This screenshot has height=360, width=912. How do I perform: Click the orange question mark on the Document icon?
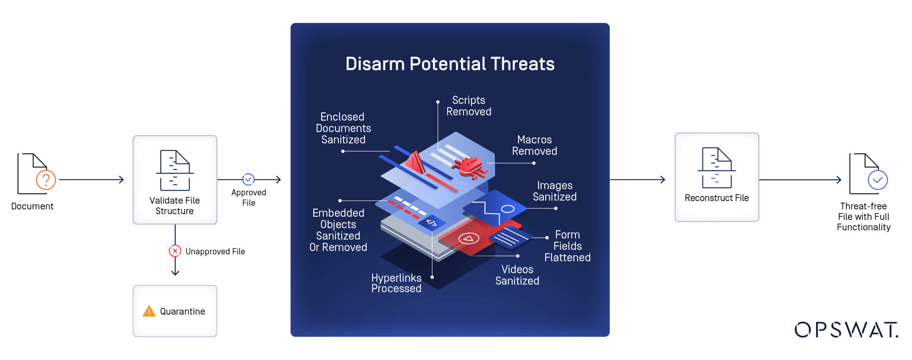pyautogui.click(x=46, y=180)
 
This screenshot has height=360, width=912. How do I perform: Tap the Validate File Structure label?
pyautogui.click(x=174, y=206)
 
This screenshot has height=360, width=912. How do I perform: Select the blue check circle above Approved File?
pyautogui.click(x=248, y=179)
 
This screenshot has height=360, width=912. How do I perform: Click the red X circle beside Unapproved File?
pyautogui.click(x=175, y=251)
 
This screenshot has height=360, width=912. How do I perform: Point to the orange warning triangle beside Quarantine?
pyautogui.click(x=149, y=311)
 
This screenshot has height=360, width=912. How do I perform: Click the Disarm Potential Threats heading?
pyautogui.click(x=450, y=64)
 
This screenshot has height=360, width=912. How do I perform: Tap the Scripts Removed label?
pyautogui.click(x=468, y=106)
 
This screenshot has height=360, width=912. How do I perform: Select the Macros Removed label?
pyautogui.click(x=534, y=145)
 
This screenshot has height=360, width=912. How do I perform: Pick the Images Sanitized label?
pyautogui.click(x=554, y=191)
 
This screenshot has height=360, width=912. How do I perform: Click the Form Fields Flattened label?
pyautogui.click(x=567, y=246)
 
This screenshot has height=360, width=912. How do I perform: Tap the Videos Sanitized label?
pyautogui.click(x=517, y=275)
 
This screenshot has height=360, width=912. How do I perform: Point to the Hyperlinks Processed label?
pyautogui.click(x=396, y=283)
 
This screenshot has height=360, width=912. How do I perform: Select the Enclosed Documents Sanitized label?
pyautogui.click(x=343, y=128)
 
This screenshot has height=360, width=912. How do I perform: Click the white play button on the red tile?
pyautogui.click(x=468, y=239)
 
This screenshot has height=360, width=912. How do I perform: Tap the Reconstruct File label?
pyautogui.click(x=716, y=198)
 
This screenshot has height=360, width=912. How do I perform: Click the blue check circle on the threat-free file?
pyautogui.click(x=878, y=180)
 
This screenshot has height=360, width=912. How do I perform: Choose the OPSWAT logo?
pyautogui.click(x=846, y=330)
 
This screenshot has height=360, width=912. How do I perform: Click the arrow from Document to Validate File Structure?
pyautogui.click(x=91, y=180)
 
